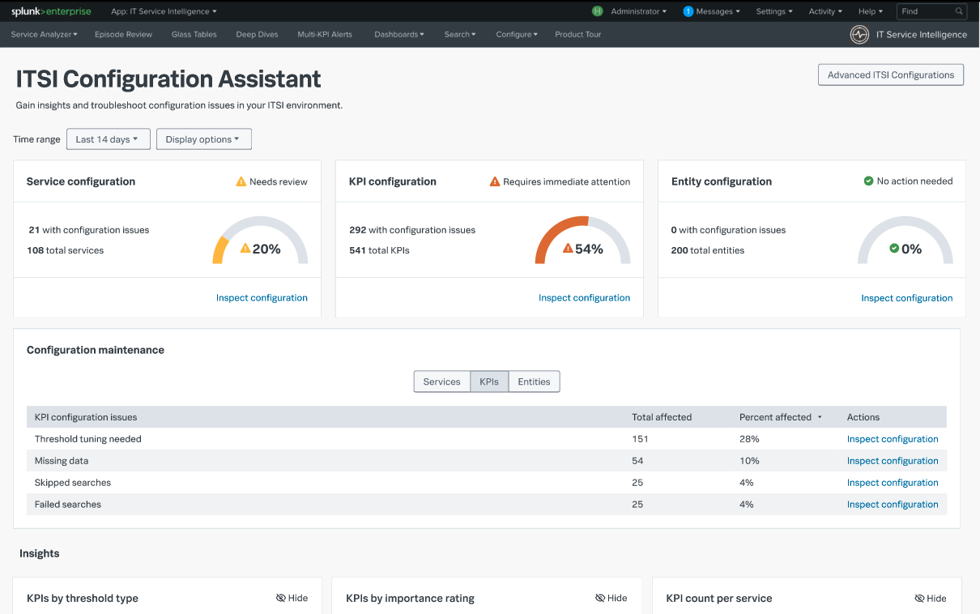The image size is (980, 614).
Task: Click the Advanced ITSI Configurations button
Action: (891, 75)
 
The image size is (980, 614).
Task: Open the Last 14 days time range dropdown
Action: (108, 139)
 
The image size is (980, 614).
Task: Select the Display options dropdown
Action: (203, 139)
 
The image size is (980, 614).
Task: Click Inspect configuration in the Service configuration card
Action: (262, 298)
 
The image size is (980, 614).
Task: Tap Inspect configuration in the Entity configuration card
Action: (906, 298)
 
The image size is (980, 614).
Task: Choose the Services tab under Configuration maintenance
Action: (441, 382)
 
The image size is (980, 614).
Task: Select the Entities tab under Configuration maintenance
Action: (534, 382)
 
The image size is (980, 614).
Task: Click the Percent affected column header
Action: (776, 417)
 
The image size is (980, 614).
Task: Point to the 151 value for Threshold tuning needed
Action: (640, 439)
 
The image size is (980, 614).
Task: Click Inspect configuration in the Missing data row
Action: (893, 461)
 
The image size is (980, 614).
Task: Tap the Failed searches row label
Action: (68, 505)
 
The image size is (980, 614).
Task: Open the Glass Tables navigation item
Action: (194, 35)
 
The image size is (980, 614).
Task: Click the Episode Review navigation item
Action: (123, 35)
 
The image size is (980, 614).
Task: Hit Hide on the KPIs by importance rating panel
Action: (611, 598)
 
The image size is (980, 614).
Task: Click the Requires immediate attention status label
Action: (566, 181)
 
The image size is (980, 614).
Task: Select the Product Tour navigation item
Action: (577, 35)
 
